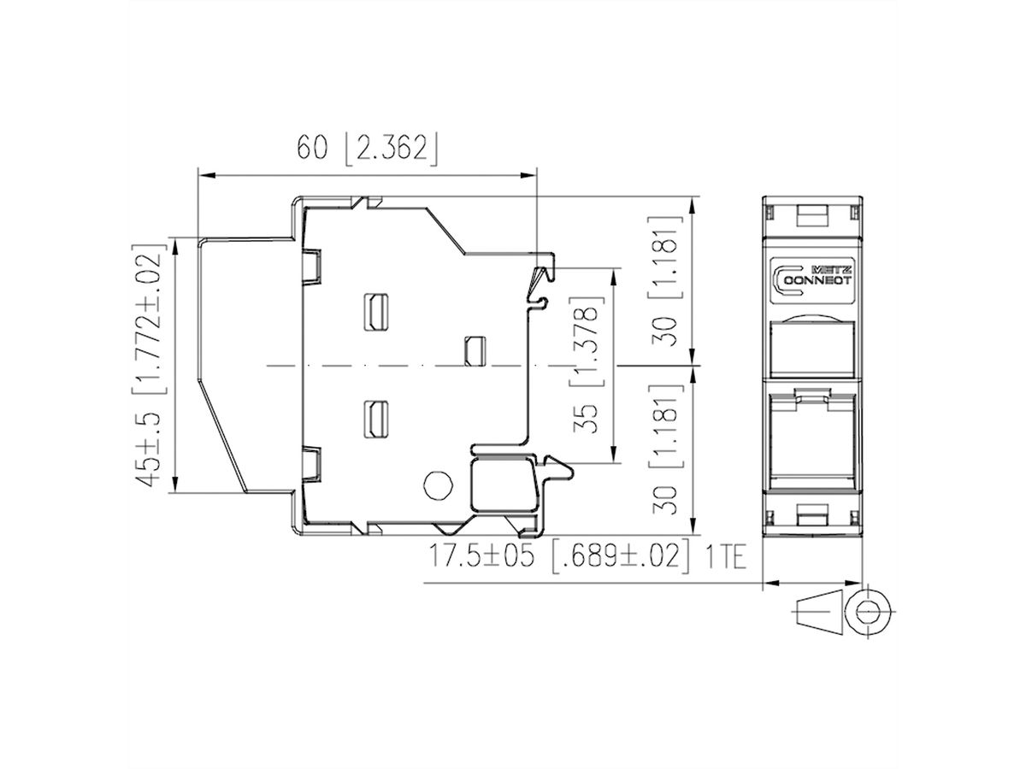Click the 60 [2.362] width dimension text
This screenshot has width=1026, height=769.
pos(367,148)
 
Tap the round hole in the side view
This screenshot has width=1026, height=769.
pos(437,485)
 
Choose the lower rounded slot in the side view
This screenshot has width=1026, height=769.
pos(375,418)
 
